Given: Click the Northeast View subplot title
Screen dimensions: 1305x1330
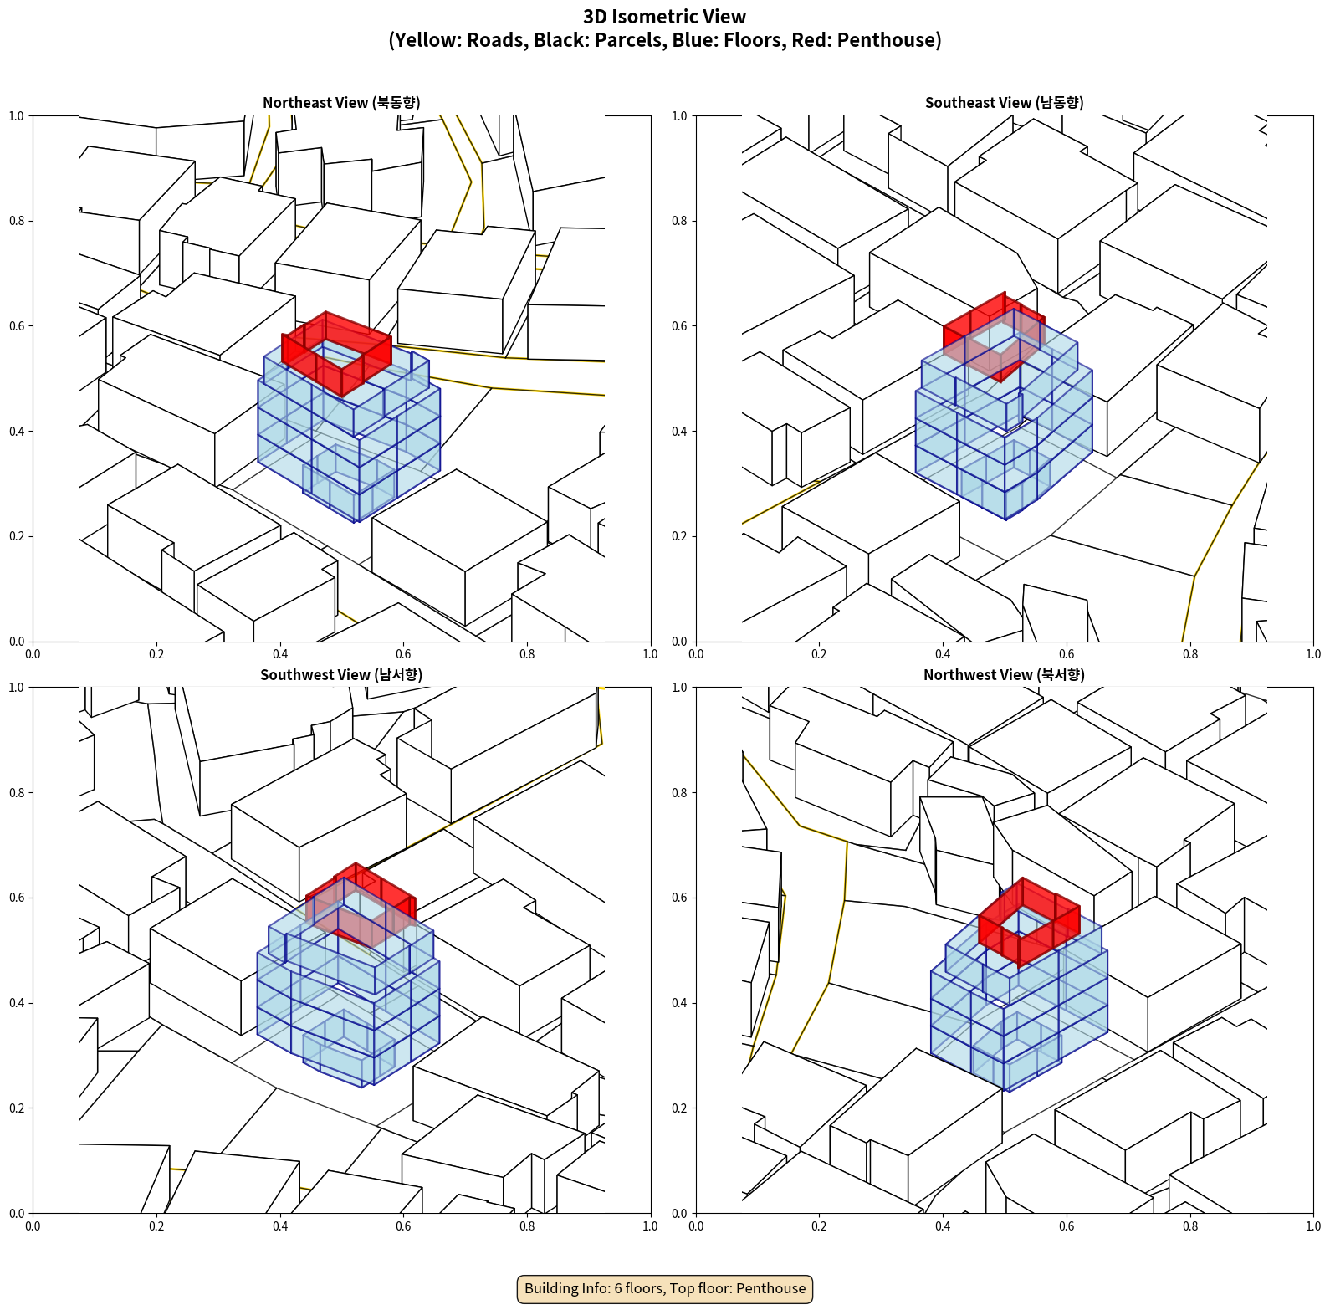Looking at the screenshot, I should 341,103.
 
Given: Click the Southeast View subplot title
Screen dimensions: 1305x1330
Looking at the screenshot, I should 1004,103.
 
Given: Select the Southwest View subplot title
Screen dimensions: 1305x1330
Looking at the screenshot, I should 341,675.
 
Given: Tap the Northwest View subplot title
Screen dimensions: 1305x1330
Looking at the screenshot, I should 1004,675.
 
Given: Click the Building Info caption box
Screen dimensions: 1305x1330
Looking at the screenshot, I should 665,1288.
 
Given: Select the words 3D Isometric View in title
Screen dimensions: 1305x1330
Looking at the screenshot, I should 665,17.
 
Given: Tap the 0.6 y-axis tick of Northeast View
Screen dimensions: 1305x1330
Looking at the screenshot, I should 17,326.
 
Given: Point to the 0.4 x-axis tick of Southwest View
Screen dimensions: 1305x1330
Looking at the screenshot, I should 280,1226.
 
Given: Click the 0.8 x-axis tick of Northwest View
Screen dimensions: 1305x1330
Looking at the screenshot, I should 1190,1226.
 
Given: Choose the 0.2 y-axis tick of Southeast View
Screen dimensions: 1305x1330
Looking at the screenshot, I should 680,536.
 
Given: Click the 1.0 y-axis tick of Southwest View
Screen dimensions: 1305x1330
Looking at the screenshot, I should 17,688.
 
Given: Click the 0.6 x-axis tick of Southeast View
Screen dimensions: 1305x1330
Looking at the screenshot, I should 1067,654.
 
